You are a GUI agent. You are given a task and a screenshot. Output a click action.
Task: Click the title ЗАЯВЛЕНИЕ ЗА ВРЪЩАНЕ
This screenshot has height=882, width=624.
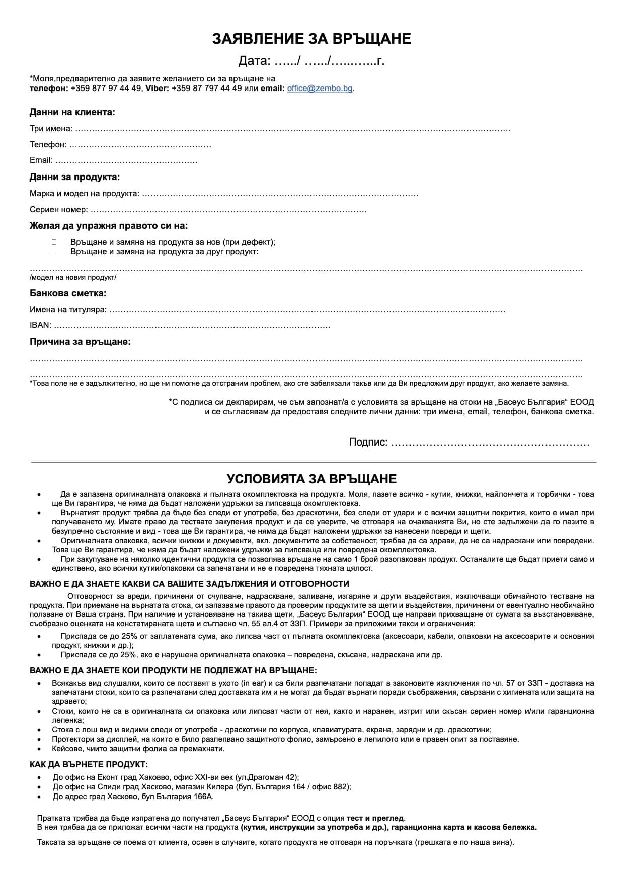coord(311,39)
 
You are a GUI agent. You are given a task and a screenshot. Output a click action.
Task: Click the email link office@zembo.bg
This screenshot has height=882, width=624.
coord(320,89)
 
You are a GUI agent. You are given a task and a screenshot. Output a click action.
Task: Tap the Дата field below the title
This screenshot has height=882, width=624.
coord(311,61)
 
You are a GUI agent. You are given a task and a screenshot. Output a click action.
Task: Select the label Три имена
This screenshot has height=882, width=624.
coord(50,129)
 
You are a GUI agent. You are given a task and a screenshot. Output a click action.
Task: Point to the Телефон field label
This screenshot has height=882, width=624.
coord(48,145)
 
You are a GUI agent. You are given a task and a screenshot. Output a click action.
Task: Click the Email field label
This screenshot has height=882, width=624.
coord(41,160)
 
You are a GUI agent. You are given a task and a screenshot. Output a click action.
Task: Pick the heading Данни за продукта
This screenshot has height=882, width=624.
coord(74,177)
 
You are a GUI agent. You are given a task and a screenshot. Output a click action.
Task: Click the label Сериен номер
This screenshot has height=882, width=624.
coord(58,210)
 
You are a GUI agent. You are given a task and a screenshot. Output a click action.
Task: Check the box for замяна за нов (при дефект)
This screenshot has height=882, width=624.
coord(54,242)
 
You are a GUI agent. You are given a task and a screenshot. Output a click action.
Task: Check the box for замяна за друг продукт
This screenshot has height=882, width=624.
coord(54,252)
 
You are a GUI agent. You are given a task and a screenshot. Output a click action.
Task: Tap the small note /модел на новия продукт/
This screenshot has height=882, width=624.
coord(72,277)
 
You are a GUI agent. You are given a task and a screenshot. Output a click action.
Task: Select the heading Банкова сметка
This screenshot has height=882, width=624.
coord(68,293)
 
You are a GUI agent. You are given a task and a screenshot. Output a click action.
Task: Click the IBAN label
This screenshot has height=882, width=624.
coord(40,326)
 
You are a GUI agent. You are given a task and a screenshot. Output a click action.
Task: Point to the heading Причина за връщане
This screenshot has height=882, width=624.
coord(80,342)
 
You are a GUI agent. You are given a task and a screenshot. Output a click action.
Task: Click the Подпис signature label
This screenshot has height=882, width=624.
coord(368,443)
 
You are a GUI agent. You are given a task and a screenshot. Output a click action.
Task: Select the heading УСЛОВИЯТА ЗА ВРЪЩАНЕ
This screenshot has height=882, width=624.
coord(311,478)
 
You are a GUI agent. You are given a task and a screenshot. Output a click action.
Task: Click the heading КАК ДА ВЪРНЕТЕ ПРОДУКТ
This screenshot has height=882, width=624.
coord(85,764)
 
